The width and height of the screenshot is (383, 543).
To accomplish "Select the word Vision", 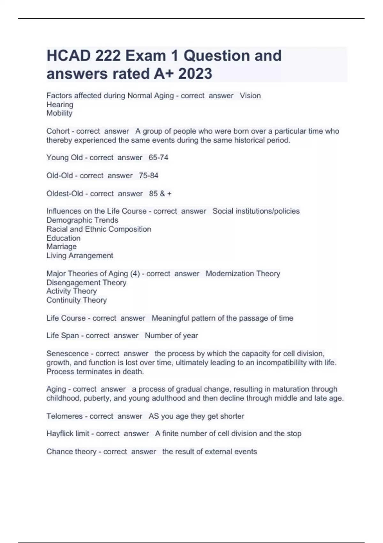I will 250,96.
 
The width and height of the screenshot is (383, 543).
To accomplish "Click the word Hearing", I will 60,104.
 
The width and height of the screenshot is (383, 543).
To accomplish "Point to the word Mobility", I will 59,113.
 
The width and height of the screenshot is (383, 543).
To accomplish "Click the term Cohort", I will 58,131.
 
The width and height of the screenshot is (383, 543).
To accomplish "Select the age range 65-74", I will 158,157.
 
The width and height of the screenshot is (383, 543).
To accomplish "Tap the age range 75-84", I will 148,175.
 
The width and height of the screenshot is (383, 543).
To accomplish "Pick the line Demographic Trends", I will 82,220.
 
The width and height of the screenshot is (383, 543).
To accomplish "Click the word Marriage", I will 62,247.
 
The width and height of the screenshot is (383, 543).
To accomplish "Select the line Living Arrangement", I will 80,256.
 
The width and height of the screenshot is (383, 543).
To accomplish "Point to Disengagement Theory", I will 86,283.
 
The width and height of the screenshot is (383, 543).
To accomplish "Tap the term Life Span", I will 63,335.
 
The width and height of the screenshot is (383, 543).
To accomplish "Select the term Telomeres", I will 64,416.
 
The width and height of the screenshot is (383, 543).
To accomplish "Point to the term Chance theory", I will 71,452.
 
